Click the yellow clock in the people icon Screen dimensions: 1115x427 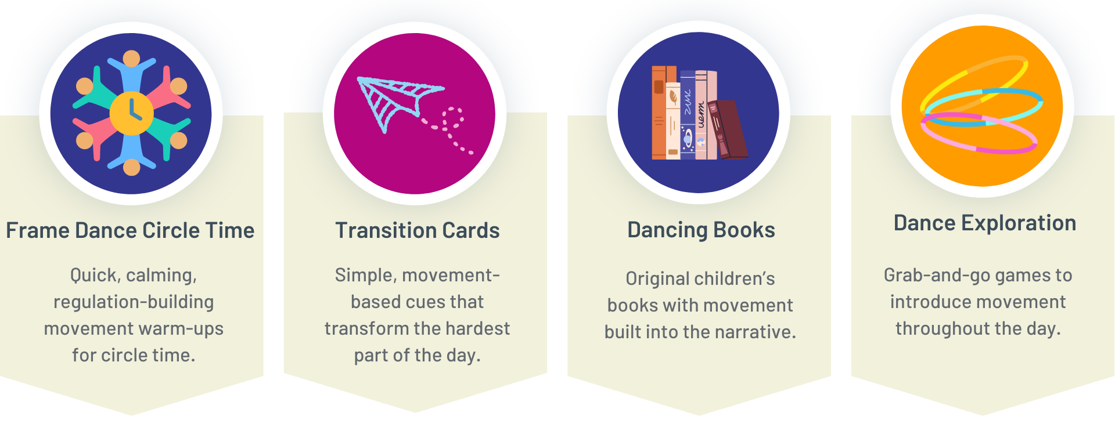132,113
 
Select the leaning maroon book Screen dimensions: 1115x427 728,129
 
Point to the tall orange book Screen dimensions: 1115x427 659,113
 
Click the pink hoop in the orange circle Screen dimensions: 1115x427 979,133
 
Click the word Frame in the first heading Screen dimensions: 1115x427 38,230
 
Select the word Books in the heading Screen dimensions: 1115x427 744,230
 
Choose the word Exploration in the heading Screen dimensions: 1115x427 1019,223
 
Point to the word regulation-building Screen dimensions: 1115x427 134,302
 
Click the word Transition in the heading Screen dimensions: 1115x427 385,230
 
